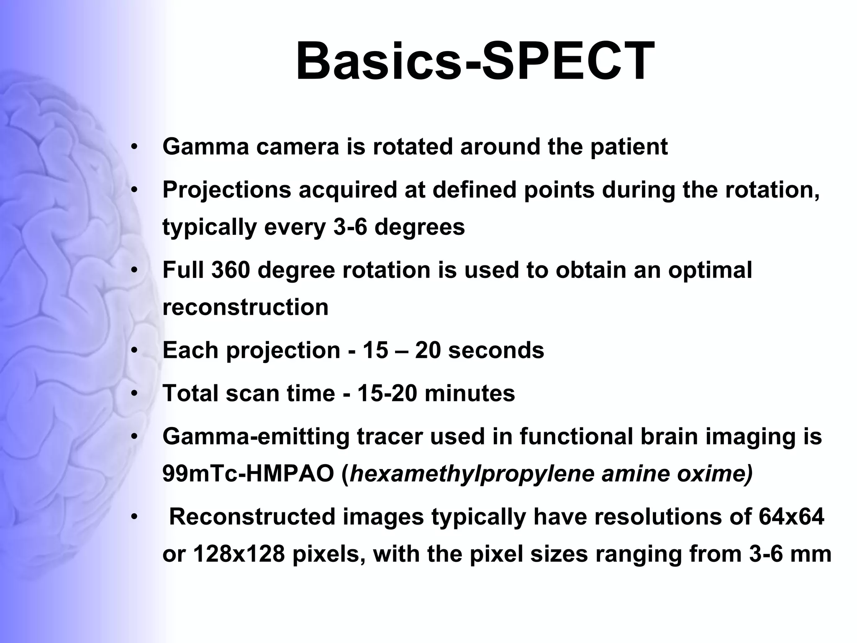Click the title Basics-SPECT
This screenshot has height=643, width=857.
[475, 62]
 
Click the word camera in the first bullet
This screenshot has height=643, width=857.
[297, 147]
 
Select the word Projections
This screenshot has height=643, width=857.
[226, 190]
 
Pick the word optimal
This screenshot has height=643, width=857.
[710, 270]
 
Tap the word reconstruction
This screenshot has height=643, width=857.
[245, 307]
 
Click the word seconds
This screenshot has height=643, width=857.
[496, 350]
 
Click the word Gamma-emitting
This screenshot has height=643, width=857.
[255, 437]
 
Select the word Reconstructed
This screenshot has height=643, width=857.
[252, 517]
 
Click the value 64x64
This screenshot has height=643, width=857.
[791, 517]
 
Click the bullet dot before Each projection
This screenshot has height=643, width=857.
[134, 351]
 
